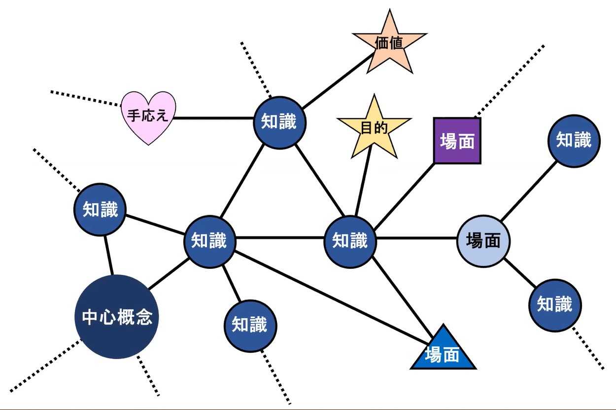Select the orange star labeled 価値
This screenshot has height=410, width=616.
point(389,43)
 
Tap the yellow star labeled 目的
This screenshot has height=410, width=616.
point(374,128)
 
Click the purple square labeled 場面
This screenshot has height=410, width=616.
point(457,141)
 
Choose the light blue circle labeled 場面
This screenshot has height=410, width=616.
point(483,241)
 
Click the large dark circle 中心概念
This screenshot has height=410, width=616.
point(117,317)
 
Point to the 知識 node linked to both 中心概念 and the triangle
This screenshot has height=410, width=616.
point(210,242)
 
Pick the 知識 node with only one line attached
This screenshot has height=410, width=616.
point(574,141)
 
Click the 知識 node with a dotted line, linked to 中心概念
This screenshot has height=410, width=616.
point(100,210)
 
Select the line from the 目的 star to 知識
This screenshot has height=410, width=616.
point(362,183)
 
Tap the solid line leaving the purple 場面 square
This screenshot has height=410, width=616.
point(404,196)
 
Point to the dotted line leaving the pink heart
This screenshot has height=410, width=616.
point(86,98)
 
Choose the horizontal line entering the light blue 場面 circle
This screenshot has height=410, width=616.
point(416,238)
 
